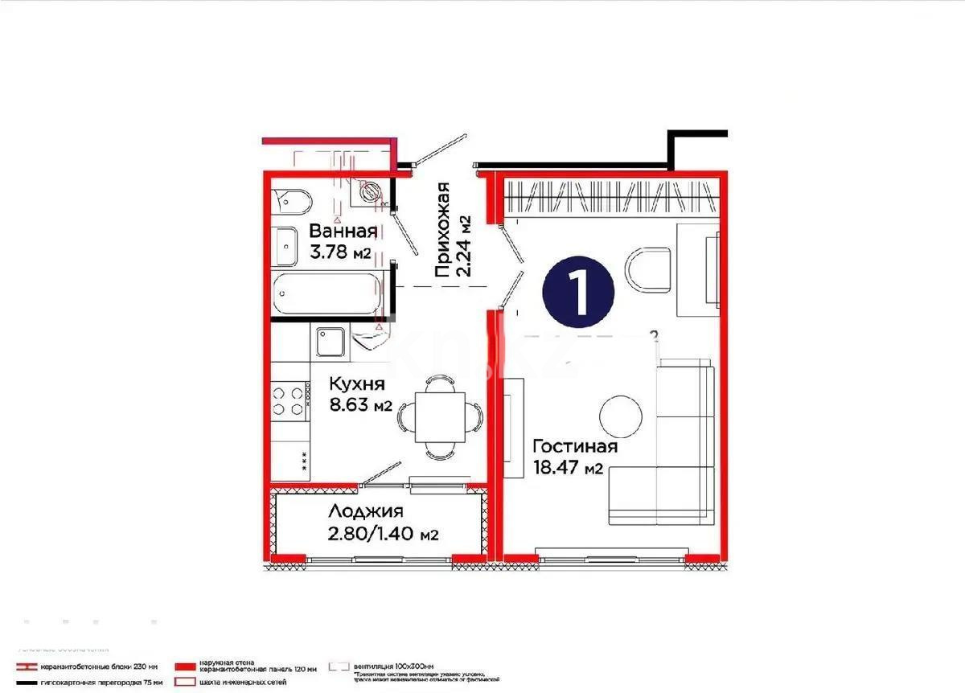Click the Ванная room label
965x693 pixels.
coord(343,232)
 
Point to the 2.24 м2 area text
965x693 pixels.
coord(463,245)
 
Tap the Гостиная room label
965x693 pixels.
coord(575,447)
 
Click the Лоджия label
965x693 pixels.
coord(366,511)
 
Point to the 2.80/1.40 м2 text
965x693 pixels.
coord(383,534)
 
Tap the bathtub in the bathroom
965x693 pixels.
coord(326,294)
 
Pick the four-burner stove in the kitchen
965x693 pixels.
coord(290,400)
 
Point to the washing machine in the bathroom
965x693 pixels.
coord(370,192)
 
